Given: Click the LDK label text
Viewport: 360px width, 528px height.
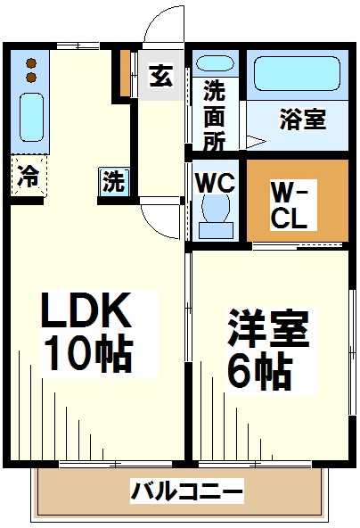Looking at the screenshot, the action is coord(86,310).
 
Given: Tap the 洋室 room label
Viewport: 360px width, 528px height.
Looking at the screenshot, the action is coord(268,328).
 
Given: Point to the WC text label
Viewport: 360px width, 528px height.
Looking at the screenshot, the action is coord(216,183).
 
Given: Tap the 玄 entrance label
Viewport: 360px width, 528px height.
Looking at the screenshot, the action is coord(161,76).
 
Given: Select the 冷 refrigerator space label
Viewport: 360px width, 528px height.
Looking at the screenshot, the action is coord(29,176).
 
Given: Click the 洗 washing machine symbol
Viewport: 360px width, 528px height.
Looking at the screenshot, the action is coord(114,181).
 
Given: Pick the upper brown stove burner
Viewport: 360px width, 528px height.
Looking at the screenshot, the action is coord(31,63).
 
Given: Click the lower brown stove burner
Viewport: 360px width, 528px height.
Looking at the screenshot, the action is coord(31,78).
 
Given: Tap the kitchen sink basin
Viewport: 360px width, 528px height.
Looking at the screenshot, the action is coord(31,117).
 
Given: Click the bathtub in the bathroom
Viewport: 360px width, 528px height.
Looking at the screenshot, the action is coord(297,73).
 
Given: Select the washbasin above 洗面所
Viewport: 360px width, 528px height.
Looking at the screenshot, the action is coord(215,63).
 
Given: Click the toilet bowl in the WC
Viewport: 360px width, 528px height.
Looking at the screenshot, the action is coord(216,206).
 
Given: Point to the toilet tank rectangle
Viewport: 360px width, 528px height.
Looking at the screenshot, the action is coord(216,230).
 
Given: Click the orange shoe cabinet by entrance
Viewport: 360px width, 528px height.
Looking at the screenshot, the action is coord(125,72).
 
